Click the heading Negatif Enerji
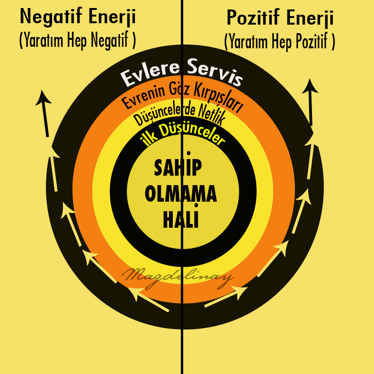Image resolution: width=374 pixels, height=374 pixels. pyautogui.click(x=78, y=18)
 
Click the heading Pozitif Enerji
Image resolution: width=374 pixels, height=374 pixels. pyautogui.click(x=280, y=18)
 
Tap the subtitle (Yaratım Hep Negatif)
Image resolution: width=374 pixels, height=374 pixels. pyautogui.click(x=78, y=41)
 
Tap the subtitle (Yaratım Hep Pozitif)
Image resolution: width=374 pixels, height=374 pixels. pyautogui.click(x=280, y=42)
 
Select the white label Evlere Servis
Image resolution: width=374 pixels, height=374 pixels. pyautogui.click(x=182, y=71)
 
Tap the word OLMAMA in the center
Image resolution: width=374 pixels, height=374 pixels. pyautogui.click(x=180, y=194)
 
